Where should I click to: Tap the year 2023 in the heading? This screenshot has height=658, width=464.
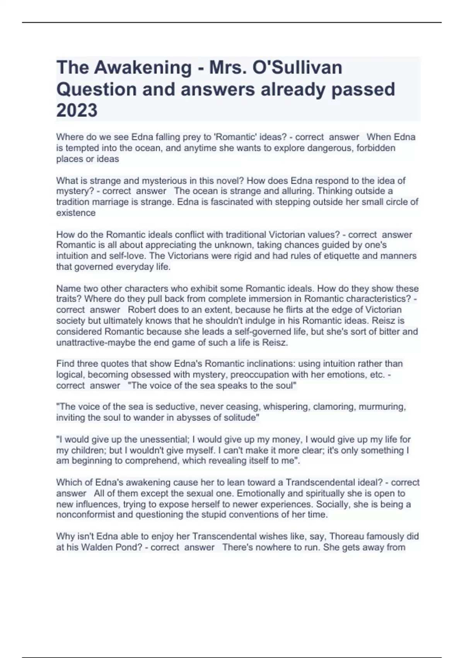coord(77,110)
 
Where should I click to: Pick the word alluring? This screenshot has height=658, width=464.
coord(296,191)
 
